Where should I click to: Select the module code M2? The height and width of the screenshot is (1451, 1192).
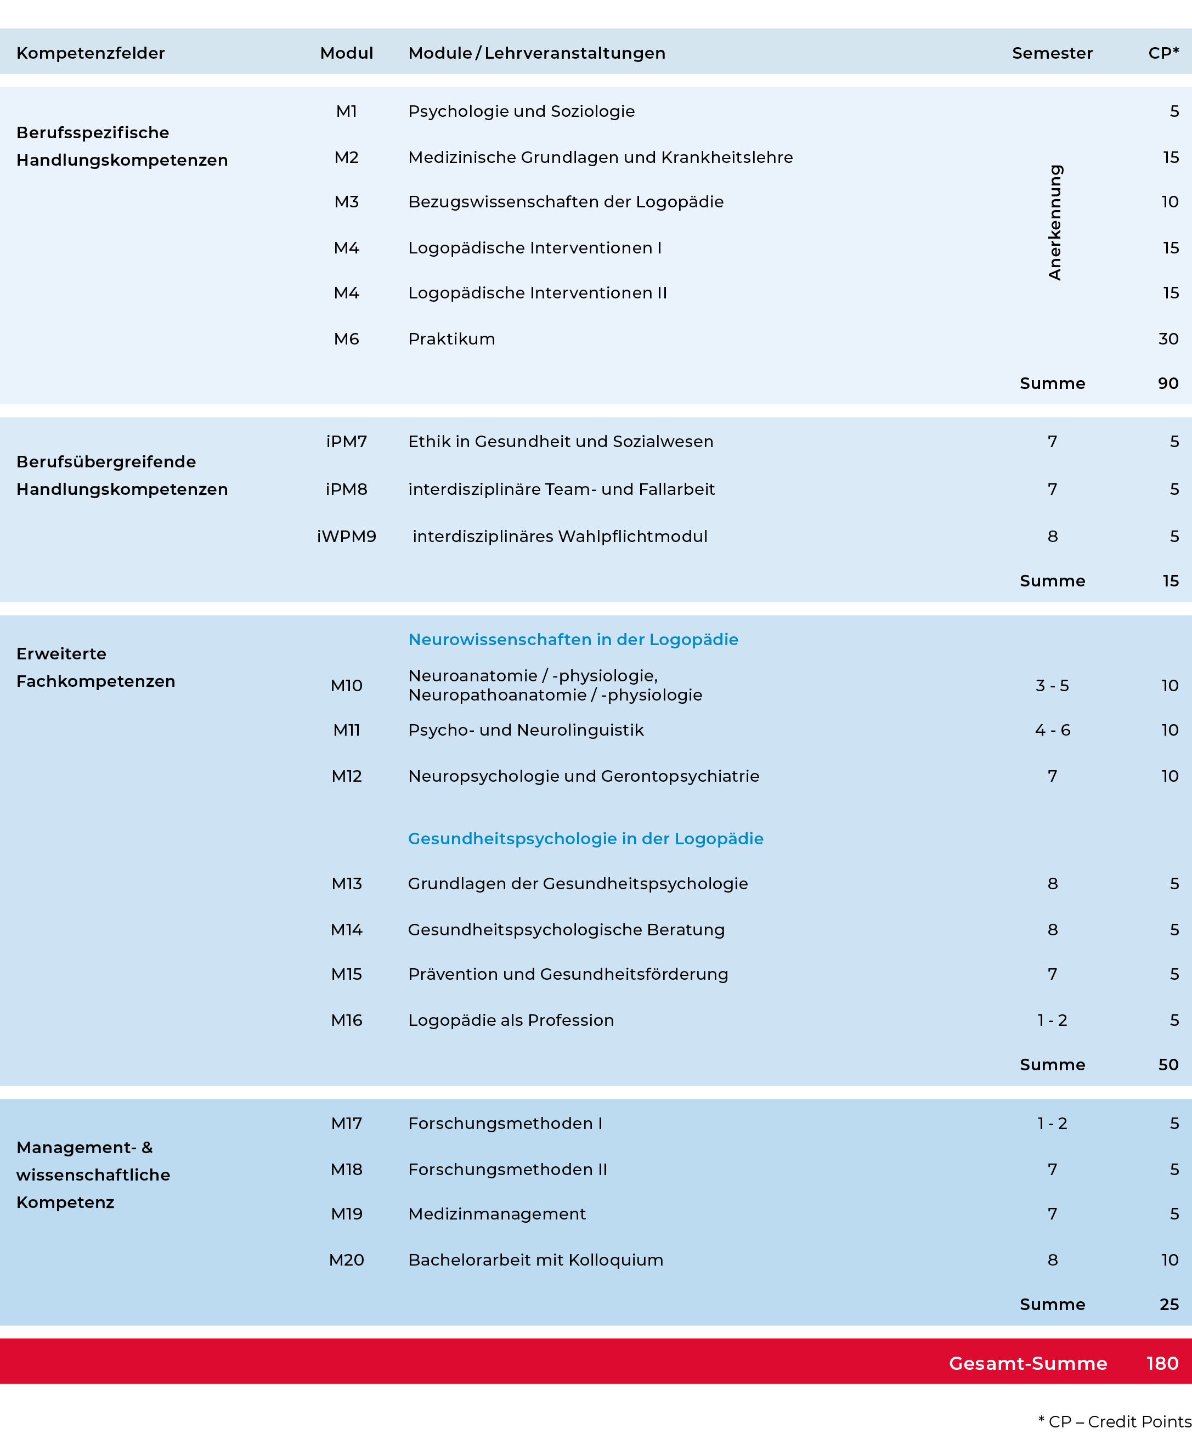pyautogui.click(x=346, y=158)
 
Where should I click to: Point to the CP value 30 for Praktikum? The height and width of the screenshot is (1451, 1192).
pyautogui.click(x=1168, y=339)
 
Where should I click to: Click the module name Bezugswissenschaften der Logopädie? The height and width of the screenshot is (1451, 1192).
pyautogui.click(x=566, y=202)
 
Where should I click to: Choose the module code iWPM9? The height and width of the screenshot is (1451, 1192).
pyautogui.click(x=346, y=537)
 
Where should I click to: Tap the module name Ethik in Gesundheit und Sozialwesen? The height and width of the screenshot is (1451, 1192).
pyautogui.click(x=560, y=442)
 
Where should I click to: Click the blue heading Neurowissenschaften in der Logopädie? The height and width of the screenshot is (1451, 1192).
pyautogui.click(x=573, y=639)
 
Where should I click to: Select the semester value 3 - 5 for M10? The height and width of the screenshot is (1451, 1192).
pyautogui.click(x=1052, y=685)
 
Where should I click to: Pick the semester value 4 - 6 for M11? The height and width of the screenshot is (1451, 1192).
pyautogui.click(x=1052, y=730)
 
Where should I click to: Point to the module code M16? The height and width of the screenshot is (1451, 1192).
pyautogui.click(x=346, y=1020)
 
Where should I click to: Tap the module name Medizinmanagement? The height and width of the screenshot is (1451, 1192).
pyautogui.click(x=496, y=1214)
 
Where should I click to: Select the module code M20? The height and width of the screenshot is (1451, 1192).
pyautogui.click(x=346, y=1260)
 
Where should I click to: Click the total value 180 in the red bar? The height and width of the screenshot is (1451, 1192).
pyautogui.click(x=1162, y=1363)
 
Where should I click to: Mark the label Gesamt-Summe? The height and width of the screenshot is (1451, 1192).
pyautogui.click(x=1027, y=1363)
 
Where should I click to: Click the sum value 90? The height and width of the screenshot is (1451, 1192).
pyautogui.click(x=1168, y=383)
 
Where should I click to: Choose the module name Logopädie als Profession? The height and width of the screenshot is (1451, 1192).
pyautogui.click(x=511, y=1020)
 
